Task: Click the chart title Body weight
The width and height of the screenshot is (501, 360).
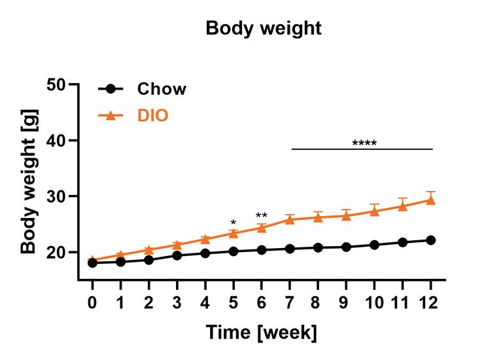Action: click(x=263, y=29)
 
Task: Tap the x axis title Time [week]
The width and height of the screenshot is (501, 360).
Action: click(x=262, y=333)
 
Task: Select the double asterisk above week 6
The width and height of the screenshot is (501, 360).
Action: click(x=262, y=216)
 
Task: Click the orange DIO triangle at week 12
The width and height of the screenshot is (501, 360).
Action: click(x=430, y=200)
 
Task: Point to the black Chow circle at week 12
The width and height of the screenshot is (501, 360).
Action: click(x=430, y=240)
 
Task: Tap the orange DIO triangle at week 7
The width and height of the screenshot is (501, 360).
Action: click(x=290, y=219)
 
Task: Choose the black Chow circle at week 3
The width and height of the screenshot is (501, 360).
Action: click(x=177, y=255)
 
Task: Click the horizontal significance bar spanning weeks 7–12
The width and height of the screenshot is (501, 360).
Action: click(x=362, y=149)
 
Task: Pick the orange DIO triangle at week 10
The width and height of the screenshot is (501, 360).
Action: click(x=374, y=211)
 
